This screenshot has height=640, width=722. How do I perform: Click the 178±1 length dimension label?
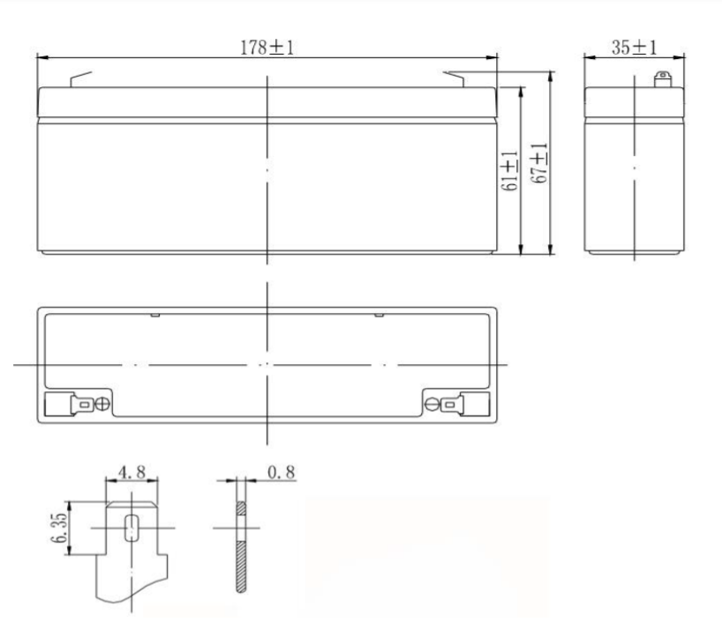[x=267, y=48]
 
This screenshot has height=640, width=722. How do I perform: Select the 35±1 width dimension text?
[x=634, y=48]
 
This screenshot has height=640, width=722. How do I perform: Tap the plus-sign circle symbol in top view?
[x=102, y=405]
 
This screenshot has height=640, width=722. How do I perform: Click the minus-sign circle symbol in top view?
[x=432, y=405]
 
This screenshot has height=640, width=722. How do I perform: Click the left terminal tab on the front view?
[x=79, y=79]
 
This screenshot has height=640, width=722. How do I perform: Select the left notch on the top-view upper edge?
[x=154, y=314]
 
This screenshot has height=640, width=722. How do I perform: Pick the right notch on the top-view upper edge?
[x=379, y=314]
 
